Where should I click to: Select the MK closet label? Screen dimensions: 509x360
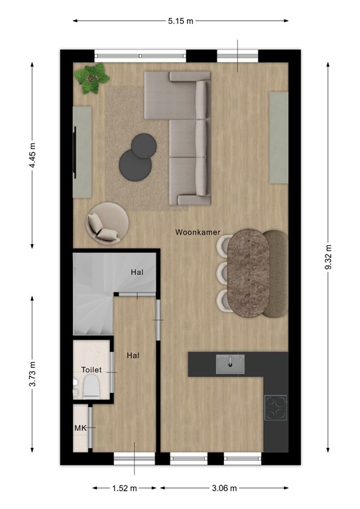(80, 428)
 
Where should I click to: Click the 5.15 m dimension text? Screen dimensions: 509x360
(180, 21)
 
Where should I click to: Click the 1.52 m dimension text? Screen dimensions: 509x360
(124, 489)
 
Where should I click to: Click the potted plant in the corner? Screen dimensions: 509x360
(92, 78)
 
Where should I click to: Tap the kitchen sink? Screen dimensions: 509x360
(230, 363)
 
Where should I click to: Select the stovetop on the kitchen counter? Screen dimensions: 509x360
(276, 408)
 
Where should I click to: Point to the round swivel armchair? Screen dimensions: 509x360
(106, 222)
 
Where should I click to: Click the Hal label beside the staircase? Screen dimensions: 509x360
(137, 272)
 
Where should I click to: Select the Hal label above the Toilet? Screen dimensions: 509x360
(133, 355)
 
